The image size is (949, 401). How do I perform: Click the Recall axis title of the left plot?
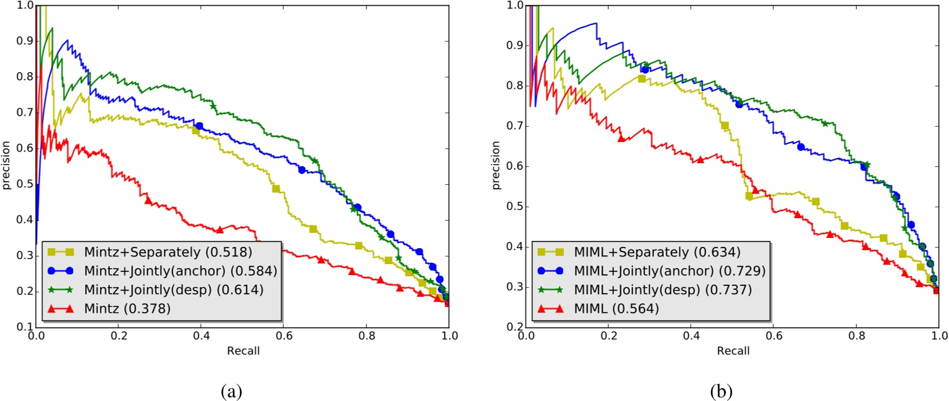[242, 351]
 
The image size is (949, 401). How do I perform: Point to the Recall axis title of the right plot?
[732, 351]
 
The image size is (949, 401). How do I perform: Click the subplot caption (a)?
[242, 389]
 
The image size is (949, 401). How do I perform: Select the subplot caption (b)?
[732, 389]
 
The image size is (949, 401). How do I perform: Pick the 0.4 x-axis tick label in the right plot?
[691, 338]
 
